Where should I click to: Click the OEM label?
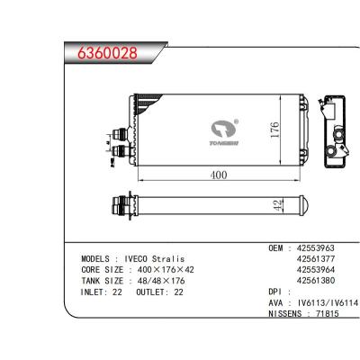(x=279, y=247)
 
